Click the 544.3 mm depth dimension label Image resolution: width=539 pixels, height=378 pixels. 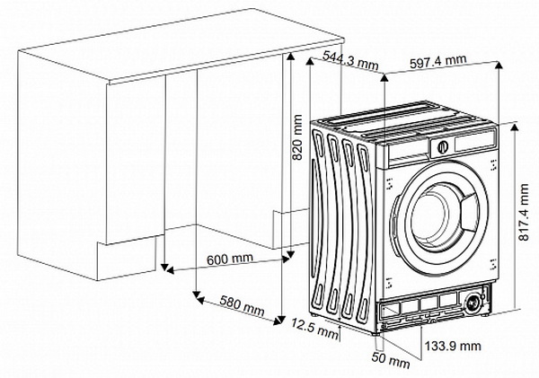[x=350, y=60]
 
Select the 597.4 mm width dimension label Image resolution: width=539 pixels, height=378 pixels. [x=438, y=62]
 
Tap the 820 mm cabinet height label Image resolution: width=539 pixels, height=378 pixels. [x=296, y=137]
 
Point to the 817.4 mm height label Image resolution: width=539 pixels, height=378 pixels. [x=524, y=213]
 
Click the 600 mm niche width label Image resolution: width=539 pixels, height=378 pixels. [x=230, y=259]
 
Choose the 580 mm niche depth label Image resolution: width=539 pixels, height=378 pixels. [x=242, y=305]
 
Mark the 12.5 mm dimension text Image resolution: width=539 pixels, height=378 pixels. [x=315, y=329]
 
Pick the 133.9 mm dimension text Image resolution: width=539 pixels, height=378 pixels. [x=453, y=346]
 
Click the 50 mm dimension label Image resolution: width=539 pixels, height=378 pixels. [x=391, y=360]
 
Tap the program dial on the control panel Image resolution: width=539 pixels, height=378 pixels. [x=443, y=146]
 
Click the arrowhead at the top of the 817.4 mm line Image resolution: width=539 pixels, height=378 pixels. [x=514, y=127]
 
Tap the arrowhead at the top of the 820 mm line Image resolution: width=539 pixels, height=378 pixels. [x=291, y=57]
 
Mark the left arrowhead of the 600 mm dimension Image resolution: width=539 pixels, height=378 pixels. [x=170, y=270]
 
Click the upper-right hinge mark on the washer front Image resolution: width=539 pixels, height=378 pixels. [x=493, y=165]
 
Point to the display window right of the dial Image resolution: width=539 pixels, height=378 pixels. [x=475, y=142]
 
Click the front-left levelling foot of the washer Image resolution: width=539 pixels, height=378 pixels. [x=375, y=333]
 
